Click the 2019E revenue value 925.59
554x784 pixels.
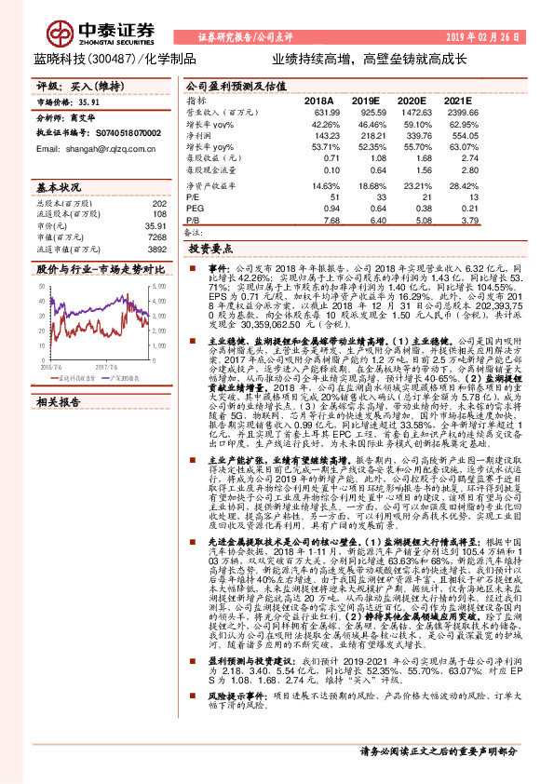(x=367, y=112)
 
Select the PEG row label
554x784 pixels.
(x=194, y=208)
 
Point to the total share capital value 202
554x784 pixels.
(x=159, y=203)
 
